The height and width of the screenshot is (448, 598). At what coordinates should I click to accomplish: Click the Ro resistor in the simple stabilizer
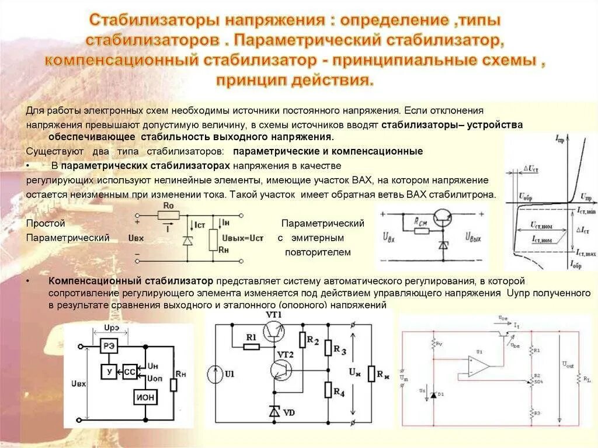[168, 216]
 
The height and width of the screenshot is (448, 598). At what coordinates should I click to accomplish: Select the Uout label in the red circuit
[568, 364]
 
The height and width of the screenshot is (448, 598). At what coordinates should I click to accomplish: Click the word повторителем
[318, 252]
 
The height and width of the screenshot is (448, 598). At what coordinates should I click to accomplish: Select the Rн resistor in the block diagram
[173, 385]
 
